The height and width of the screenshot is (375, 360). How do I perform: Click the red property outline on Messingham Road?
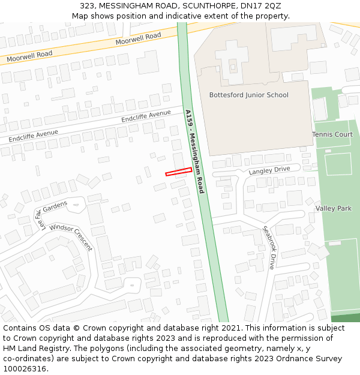tap(178, 172)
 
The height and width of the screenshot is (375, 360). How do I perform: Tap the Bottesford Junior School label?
tap(248, 95)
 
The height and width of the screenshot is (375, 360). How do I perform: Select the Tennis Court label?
tap(332, 134)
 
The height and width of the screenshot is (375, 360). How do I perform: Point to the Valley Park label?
tap(334, 208)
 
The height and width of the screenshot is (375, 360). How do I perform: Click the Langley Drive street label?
tap(269, 171)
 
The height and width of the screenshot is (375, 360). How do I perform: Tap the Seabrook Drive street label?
tap(268, 247)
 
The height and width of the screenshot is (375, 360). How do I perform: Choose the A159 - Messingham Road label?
tap(195, 151)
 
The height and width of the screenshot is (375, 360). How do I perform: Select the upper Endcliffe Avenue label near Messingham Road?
tap(146, 116)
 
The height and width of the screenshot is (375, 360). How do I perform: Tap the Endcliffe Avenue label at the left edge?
tap(34, 136)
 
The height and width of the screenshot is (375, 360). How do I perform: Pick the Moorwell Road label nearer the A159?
tap(139, 39)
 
